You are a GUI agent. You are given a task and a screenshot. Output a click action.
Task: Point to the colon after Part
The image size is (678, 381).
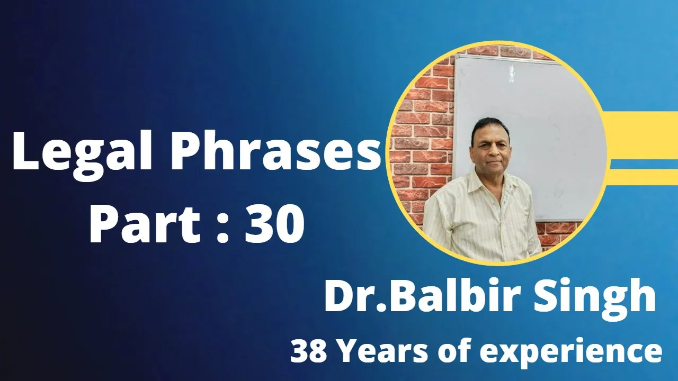pyautogui.click(x=223, y=230)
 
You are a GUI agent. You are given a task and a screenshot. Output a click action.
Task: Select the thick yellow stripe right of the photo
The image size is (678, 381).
pyautogui.click(x=641, y=135)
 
